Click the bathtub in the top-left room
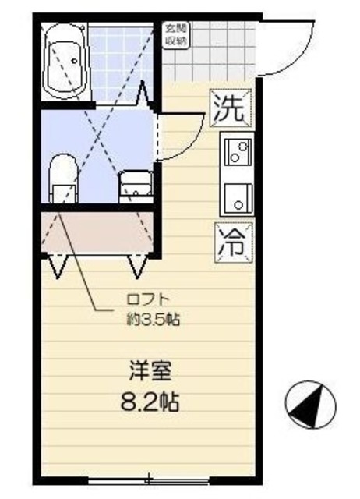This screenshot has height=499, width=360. coord(65,60)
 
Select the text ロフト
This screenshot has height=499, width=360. coord(147,298)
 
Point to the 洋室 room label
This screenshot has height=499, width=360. coord(149,370)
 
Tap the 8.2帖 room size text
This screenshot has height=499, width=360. coord(149,402)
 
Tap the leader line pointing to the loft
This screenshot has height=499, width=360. coord(86,277)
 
